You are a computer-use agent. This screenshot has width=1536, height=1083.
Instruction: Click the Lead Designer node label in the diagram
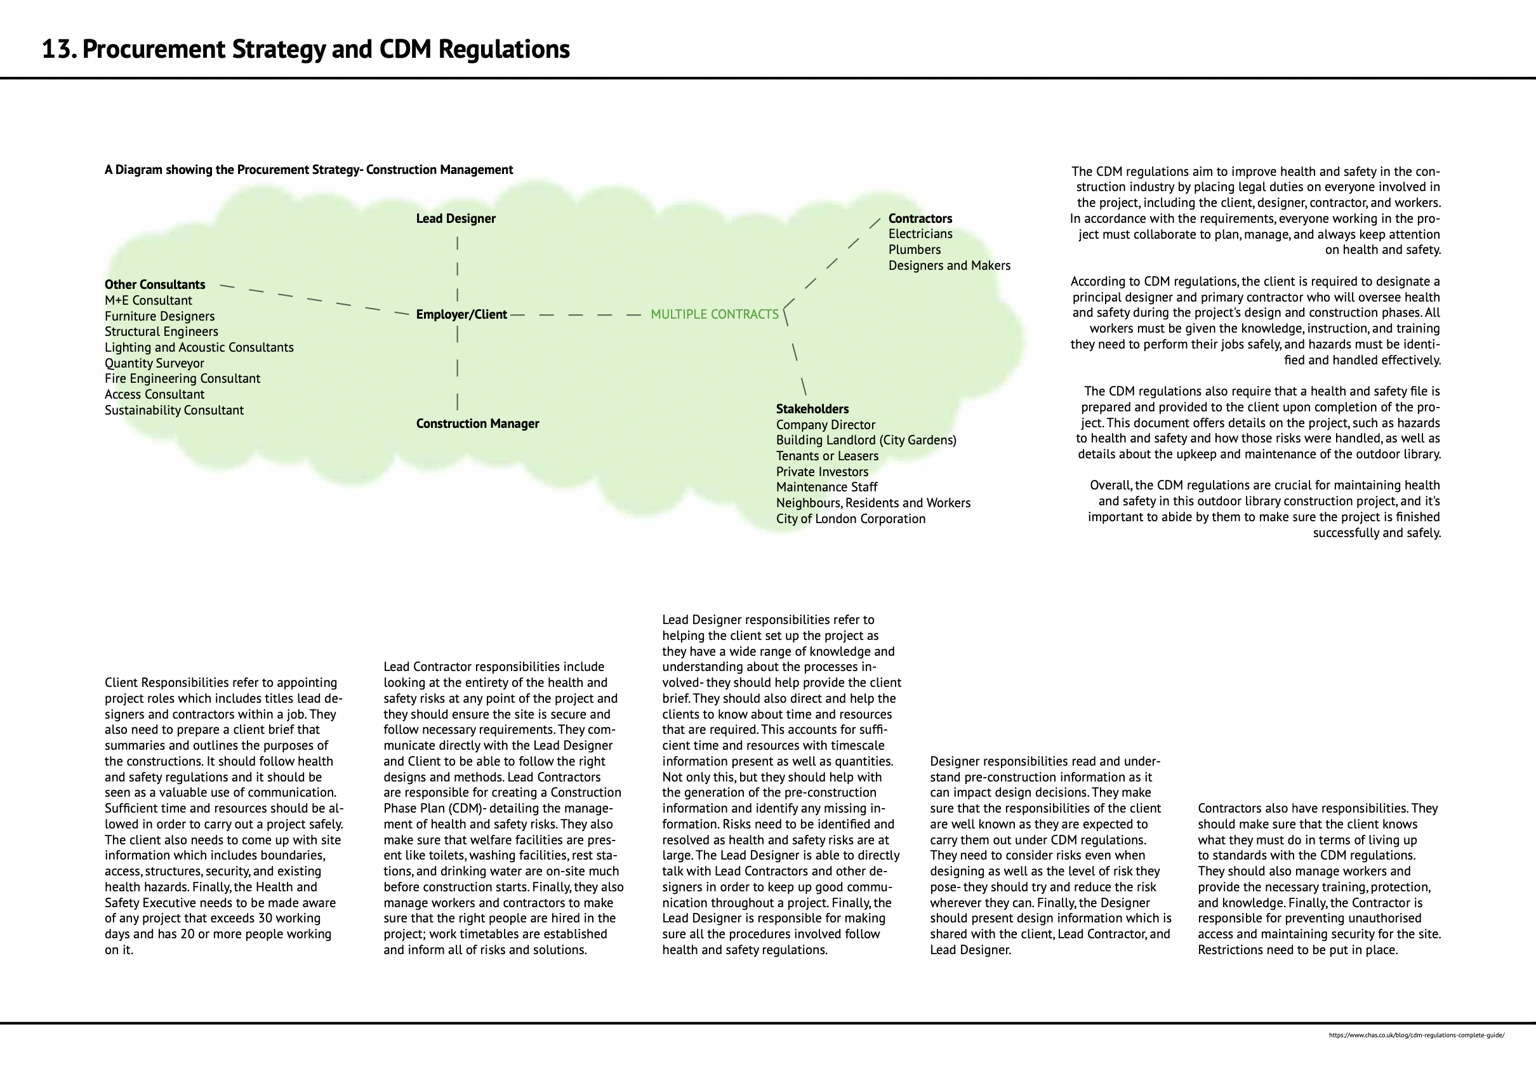456,219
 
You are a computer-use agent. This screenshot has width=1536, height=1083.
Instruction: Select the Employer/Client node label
461,314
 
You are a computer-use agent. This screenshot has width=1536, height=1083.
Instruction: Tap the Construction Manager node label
477,423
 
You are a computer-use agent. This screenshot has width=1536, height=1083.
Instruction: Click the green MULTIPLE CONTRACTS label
715,314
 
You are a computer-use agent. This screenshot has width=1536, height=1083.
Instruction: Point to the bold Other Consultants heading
154,285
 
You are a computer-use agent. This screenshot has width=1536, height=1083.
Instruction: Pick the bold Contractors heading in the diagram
920,219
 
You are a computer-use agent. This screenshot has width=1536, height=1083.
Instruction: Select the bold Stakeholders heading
812,409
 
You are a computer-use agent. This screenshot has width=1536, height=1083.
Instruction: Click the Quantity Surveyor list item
154,363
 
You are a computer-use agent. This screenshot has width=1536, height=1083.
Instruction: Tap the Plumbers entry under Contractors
914,249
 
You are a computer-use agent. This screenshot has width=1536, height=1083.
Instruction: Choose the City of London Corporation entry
851,519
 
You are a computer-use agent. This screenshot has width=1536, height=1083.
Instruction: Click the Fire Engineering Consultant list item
182,378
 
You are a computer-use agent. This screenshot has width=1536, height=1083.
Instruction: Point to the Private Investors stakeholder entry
821,472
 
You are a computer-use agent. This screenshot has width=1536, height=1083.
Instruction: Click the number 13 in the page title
58,50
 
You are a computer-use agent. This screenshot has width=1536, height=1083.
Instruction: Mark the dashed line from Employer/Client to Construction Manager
458,368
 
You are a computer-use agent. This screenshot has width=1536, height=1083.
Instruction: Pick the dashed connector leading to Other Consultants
314,299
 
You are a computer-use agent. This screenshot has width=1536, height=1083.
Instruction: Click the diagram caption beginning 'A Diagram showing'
308,170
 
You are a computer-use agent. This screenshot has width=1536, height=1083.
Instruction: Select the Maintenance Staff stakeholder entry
826,487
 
